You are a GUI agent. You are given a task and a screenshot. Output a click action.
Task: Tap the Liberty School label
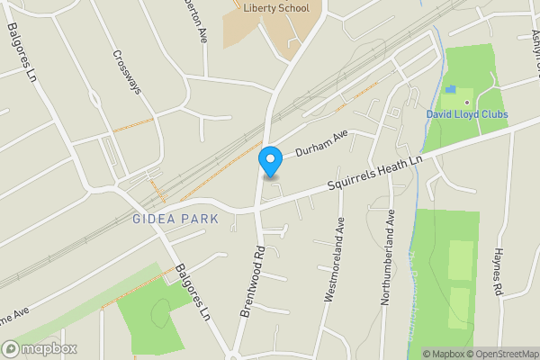click(276, 9)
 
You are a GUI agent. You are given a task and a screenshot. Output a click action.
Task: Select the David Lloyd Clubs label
click(467, 114)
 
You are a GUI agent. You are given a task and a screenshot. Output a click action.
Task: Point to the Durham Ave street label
click(321, 144)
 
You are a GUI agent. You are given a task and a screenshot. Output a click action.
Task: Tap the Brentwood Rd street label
click(251, 280)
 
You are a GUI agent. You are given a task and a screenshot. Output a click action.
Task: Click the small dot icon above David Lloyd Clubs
click(467, 103)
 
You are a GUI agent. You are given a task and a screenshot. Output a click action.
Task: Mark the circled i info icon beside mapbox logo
click(10, 349)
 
